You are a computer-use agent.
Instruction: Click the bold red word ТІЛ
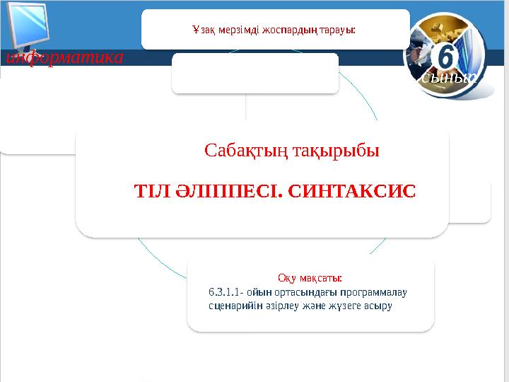[x=150, y=190]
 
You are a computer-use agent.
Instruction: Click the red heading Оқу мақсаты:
[x=310, y=278]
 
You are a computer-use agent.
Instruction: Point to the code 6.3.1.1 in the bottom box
[x=224, y=292]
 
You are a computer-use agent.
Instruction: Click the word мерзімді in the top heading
[x=242, y=30]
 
